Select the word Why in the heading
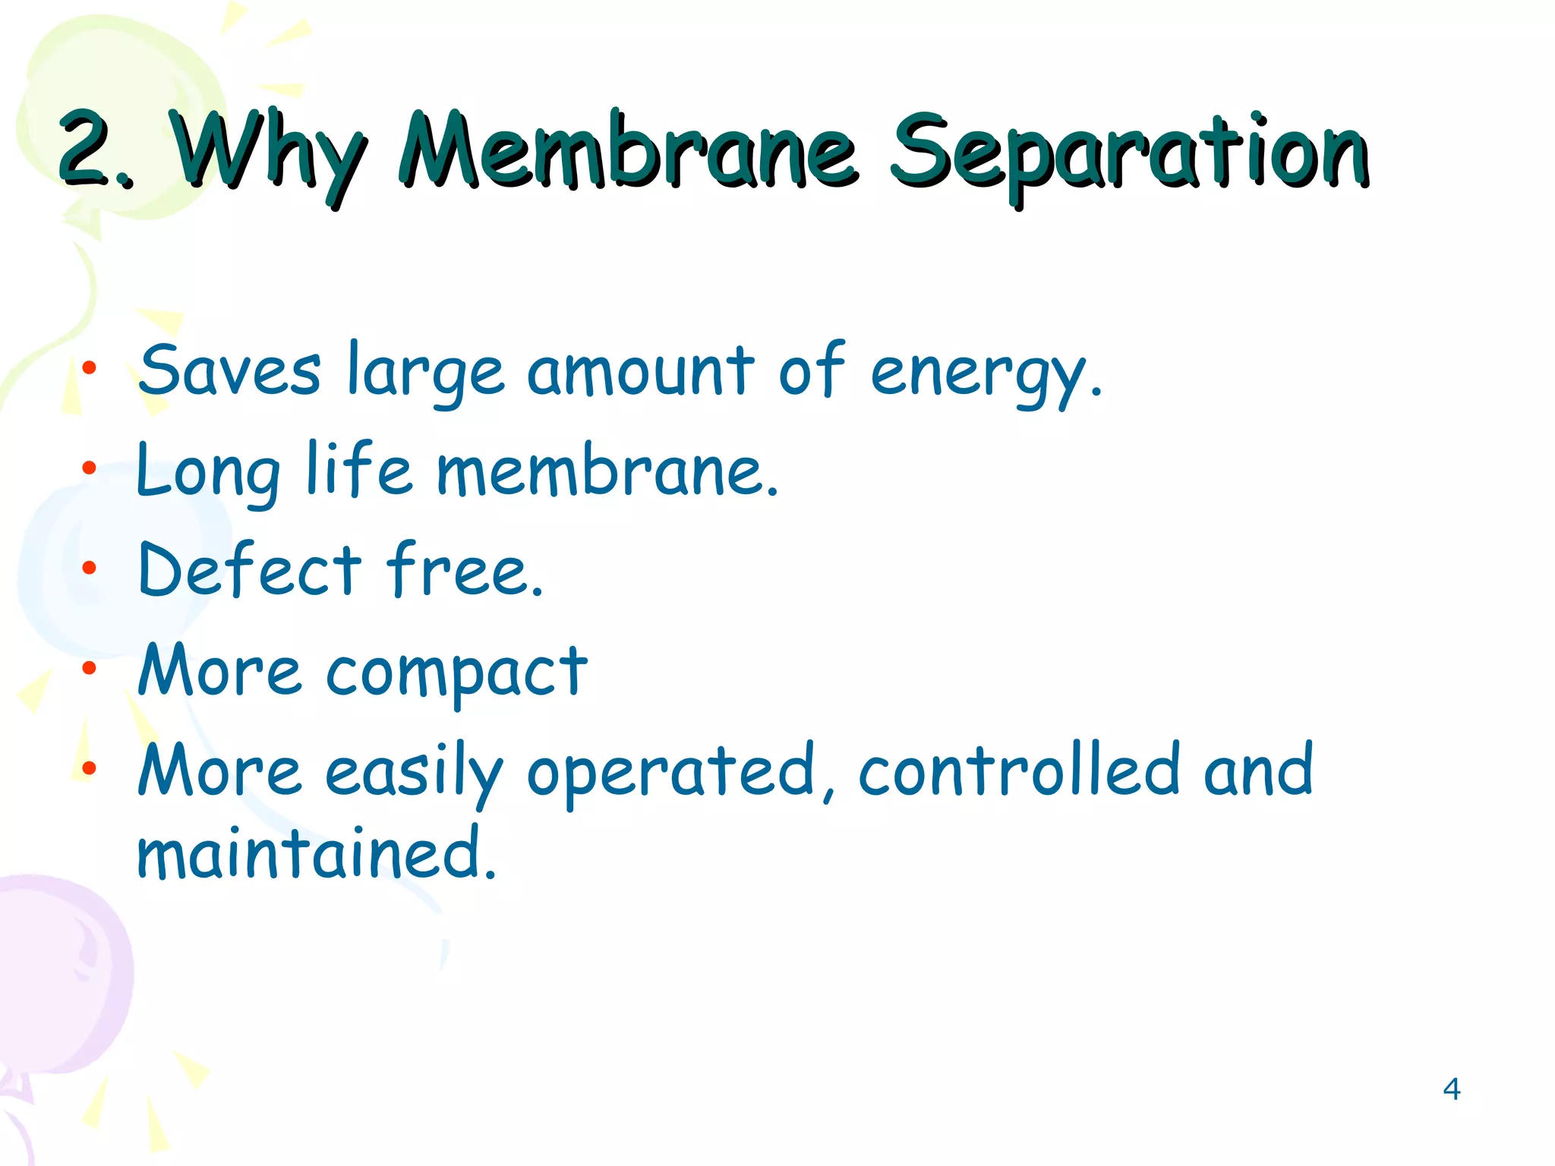tap(267, 152)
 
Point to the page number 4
tap(1451, 1089)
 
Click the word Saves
tap(229, 370)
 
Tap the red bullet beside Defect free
tap(90, 567)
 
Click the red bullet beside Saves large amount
tap(90, 368)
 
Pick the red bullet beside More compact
tap(90, 668)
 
